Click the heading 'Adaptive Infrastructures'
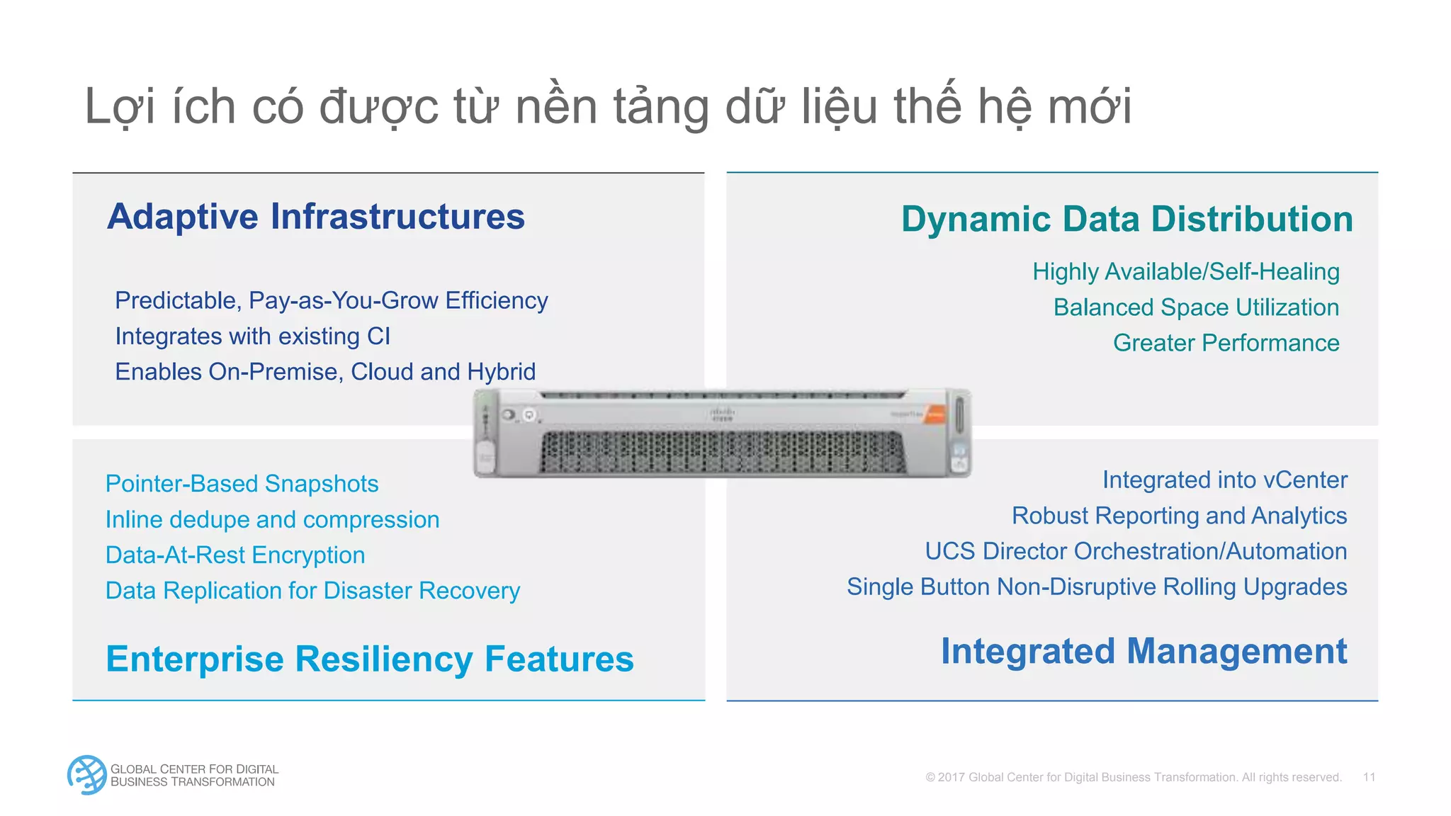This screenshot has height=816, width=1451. click(316, 217)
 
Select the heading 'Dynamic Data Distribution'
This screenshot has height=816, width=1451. click(1127, 219)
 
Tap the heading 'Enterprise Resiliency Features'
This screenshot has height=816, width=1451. click(369, 659)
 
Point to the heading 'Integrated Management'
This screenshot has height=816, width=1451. click(1144, 651)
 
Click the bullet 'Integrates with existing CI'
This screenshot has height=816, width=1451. click(252, 336)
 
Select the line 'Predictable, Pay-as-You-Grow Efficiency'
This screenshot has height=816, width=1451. click(331, 301)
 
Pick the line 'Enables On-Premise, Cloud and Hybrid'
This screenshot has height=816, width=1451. click(325, 372)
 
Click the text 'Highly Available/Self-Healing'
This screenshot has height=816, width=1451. click(1185, 272)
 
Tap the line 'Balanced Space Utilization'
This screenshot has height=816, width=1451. click(1196, 307)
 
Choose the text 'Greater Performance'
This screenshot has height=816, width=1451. click(1226, 343)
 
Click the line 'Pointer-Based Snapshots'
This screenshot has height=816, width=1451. click(242, 484)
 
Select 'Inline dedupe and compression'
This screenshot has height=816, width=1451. click(272, 520)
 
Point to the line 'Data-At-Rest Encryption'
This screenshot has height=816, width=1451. click(235, 555)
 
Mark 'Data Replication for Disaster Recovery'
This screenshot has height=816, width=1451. click(312, 591)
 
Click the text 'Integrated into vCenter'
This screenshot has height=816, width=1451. click(1224, 480)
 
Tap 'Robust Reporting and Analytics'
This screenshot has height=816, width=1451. click(1179, 516)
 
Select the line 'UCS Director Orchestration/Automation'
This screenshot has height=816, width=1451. click(1136, 551)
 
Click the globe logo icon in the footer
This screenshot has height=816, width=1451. click(86, 775)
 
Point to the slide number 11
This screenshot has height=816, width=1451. click(1369, 777)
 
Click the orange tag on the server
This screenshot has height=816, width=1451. click(935, 415)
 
